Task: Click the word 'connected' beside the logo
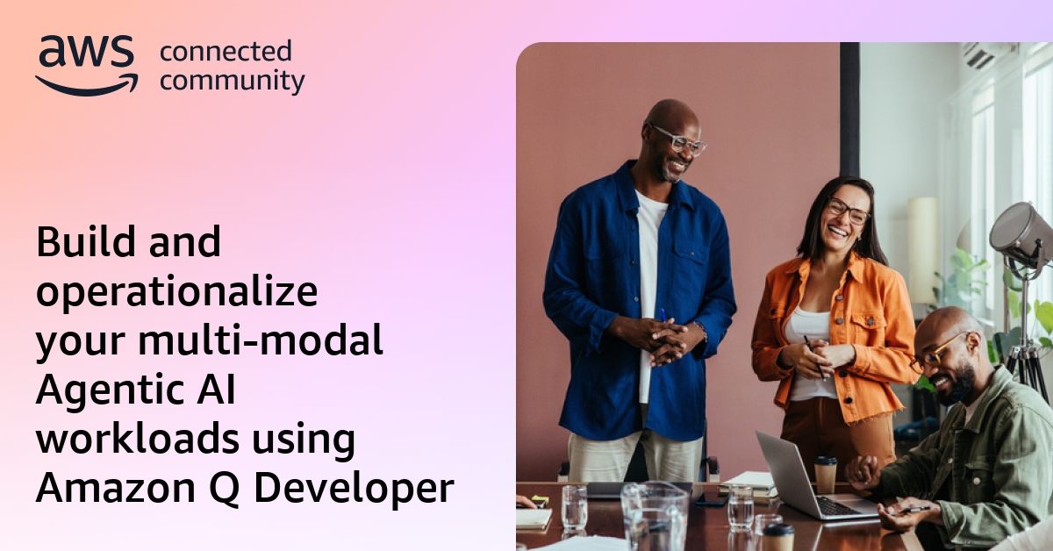coord(226,52)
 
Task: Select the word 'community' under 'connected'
coord(233,82)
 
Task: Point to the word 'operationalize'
coord(176,292)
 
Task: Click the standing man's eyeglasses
coord(677,140)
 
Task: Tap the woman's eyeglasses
coord(847,211)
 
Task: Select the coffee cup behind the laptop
coord(826,474)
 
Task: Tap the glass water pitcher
coord(655,517)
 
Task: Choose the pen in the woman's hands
coord(814,355)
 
